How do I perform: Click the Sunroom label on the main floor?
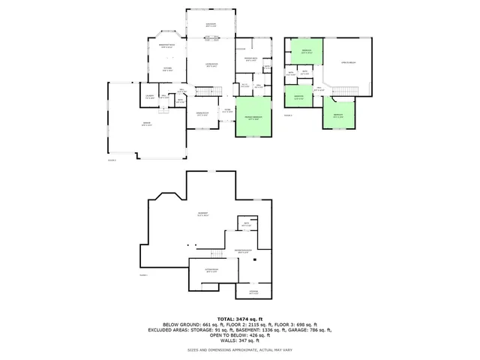[x=211, y=25]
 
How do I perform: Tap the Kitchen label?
[x=169, y=70]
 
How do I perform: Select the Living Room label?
[x=211, y=65]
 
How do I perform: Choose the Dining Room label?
[x=202, y=114]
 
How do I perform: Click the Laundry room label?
[x=148, y=97]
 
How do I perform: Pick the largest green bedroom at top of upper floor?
[x=307, y=52]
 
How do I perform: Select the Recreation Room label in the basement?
[x=242, y=251]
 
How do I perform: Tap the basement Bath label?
[x=247, y=224]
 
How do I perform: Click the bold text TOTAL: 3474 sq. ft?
[x=240, y=319]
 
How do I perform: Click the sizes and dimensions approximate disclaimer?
[x=240, y=349]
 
